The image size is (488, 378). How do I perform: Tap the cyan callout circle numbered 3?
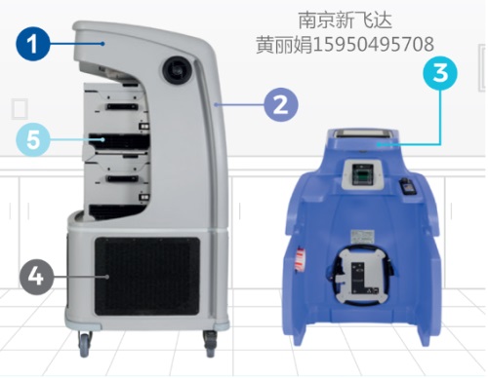[x=441, y=74]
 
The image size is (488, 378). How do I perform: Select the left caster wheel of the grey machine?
[x=86, y=341]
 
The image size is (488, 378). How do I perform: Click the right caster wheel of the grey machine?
[x=210, y=341]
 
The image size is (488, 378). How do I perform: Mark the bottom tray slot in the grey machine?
[x=121, y=181]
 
